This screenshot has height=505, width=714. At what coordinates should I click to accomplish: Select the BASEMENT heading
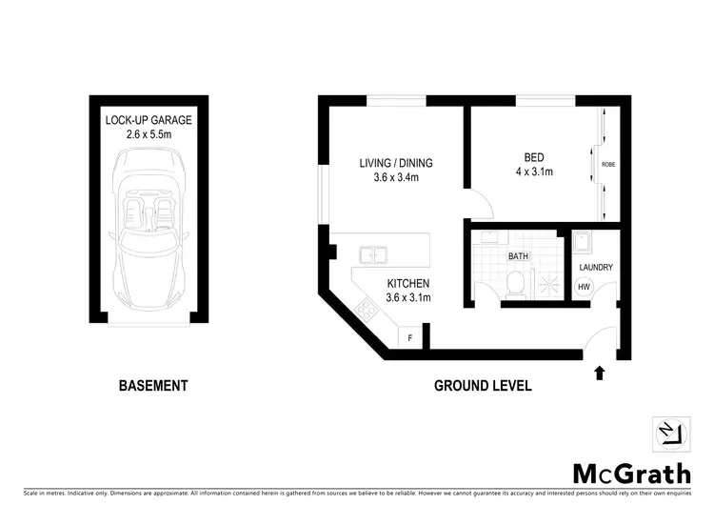pos(153,386)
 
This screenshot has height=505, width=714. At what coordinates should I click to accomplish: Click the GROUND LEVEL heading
pos(483,386)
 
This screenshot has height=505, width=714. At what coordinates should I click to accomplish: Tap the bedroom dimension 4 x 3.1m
pos(534,172)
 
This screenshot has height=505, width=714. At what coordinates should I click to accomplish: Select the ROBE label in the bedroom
pos(607,164)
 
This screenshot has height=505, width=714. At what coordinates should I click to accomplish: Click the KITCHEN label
pos(408,283)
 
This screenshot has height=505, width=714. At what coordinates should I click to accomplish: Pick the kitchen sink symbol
pos(372,254)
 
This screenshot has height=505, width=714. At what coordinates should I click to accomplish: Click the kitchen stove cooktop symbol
pos(365,308)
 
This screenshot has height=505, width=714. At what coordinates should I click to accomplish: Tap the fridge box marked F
pos(410,337)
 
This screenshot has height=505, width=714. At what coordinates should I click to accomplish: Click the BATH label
pos(518,256)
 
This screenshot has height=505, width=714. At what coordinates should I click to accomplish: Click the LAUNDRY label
pos(596,268)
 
